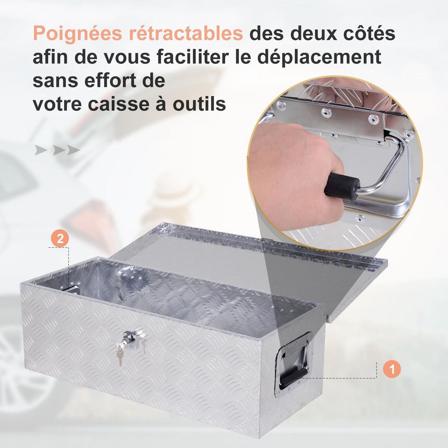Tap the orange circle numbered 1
tap(392, 370)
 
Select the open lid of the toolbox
tap(246, 261)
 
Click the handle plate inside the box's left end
tap(73, 289)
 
